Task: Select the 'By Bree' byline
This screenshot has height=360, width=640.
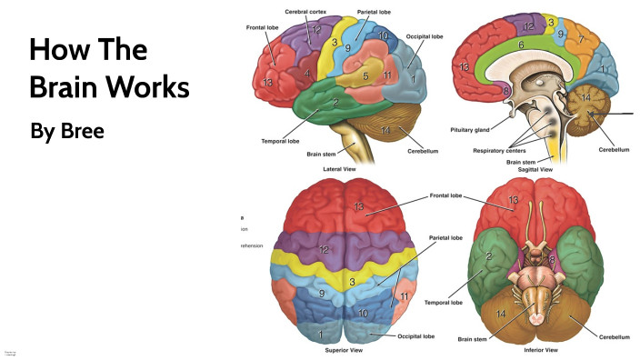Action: point(67,130)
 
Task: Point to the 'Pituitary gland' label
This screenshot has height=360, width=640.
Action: point(471,130)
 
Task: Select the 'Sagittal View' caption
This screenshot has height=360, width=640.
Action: point(534,169)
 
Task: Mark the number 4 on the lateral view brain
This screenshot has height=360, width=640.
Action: point(309,73)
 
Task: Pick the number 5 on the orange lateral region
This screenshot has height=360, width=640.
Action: point(365,77)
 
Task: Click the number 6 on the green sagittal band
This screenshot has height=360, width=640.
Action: point(521,45)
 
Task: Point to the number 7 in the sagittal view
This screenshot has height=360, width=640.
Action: point(583,41)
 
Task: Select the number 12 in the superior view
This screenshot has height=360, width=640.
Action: point(324,249)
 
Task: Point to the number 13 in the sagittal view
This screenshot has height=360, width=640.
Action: point(466,66)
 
